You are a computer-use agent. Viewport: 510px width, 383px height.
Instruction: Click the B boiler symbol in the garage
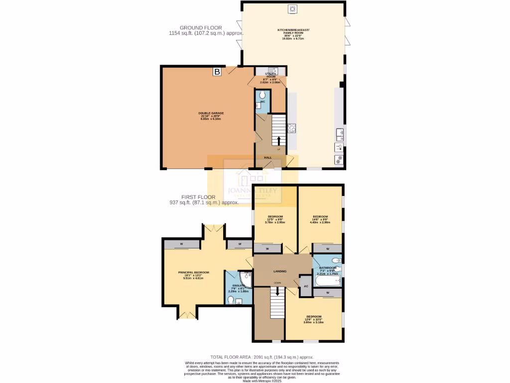click(217, 72)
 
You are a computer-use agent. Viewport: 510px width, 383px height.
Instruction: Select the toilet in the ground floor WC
click(263, 95)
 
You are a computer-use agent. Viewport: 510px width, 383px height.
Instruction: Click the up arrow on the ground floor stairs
click(278, 141)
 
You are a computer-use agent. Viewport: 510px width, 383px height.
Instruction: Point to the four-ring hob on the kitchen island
click(292, 128)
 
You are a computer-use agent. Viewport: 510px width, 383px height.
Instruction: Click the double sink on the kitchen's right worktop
click(339, 133)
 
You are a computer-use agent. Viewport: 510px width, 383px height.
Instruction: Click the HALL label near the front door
click(268, 158)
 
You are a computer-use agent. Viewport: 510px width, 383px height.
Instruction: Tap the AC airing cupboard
click(306, 286)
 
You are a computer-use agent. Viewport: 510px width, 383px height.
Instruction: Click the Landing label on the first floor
click(280, 271)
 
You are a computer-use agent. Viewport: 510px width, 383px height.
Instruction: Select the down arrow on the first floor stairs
click(277, 291)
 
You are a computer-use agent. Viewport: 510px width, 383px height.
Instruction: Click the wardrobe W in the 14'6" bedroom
click(327, 248)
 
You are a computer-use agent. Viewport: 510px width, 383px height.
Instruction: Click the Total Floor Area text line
click(262, 357)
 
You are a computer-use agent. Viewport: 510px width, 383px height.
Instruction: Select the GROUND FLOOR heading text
click(201, 28)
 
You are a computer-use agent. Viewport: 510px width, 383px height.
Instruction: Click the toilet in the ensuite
click(231, 300)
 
